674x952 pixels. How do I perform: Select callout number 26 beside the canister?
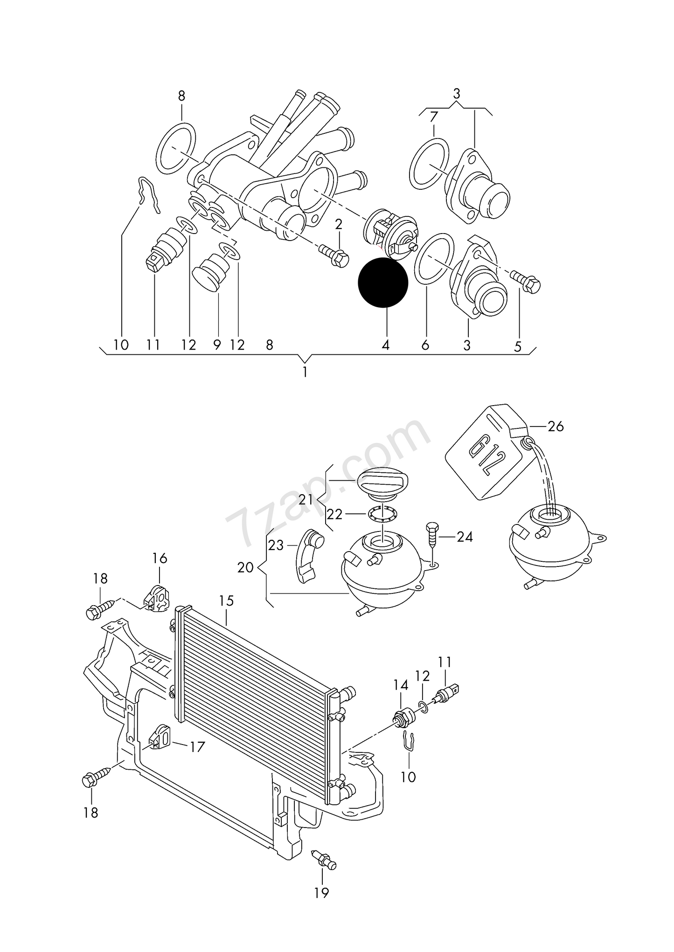[556, 426]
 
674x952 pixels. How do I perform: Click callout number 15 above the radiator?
[226, 601]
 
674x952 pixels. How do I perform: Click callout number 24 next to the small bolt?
[465, 537]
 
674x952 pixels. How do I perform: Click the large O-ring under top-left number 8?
[176, 148]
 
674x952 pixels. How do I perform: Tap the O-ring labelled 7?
[429, 164]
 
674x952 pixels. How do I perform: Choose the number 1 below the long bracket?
[305, 373]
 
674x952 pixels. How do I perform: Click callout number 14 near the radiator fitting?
[401, 685]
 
